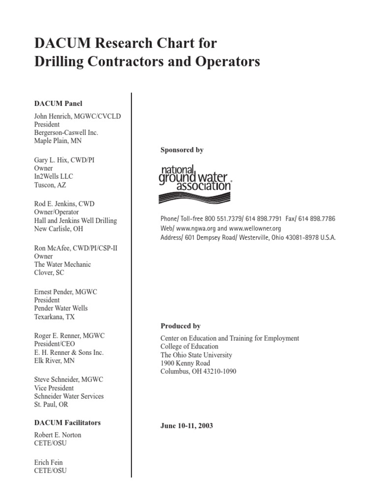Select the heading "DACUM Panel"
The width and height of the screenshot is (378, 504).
coord(58,103)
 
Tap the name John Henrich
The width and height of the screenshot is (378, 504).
coord(55,116)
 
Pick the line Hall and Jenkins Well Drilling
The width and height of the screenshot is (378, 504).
coord(75,220)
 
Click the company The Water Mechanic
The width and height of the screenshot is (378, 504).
coord(63,264)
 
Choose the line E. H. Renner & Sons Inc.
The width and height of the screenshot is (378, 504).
coord(69,352)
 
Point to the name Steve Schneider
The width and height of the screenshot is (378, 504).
coord(56,379)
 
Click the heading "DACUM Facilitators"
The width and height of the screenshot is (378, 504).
coord(67,422)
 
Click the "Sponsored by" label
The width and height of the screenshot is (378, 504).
coord(182,150)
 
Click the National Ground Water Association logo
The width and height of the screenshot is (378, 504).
coord(195,184)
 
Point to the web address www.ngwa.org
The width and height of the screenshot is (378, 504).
coord(196,228)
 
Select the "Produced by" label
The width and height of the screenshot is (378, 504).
coord(181,326)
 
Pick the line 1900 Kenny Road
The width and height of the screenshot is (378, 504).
coord(185,363)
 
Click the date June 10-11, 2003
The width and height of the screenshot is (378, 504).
coord(187,426)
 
